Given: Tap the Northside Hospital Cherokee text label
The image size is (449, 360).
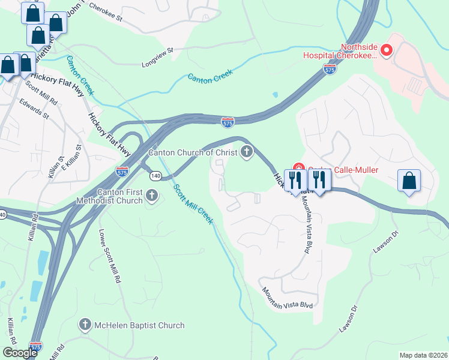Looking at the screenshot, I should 358,51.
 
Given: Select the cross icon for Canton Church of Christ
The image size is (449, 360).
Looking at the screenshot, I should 246,152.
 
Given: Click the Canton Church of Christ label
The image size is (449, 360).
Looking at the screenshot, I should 193,152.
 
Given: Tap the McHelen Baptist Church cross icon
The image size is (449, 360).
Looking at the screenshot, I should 85,325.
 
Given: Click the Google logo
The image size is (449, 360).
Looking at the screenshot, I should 20,353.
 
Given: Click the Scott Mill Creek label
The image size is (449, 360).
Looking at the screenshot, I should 193,204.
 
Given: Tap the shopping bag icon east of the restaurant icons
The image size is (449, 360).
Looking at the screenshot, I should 409,180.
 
